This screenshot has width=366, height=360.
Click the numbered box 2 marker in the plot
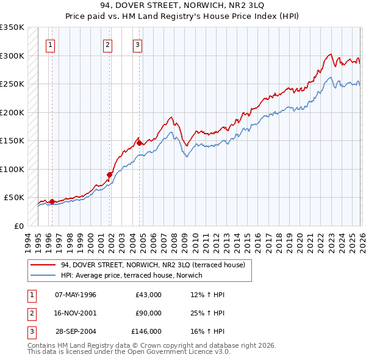(x=107, y=44)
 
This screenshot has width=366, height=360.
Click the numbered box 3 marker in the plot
(x=137, y=44)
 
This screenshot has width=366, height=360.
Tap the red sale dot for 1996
(x=52, y=201)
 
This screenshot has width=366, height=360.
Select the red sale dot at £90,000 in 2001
(x=110, y=175)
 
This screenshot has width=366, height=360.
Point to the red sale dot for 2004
(x=140, y=143)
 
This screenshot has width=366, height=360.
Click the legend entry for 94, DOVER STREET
(x=152, y=265)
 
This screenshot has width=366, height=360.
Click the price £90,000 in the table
(x=148, y=313)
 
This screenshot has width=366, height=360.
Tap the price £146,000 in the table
(x=146, y=331)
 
